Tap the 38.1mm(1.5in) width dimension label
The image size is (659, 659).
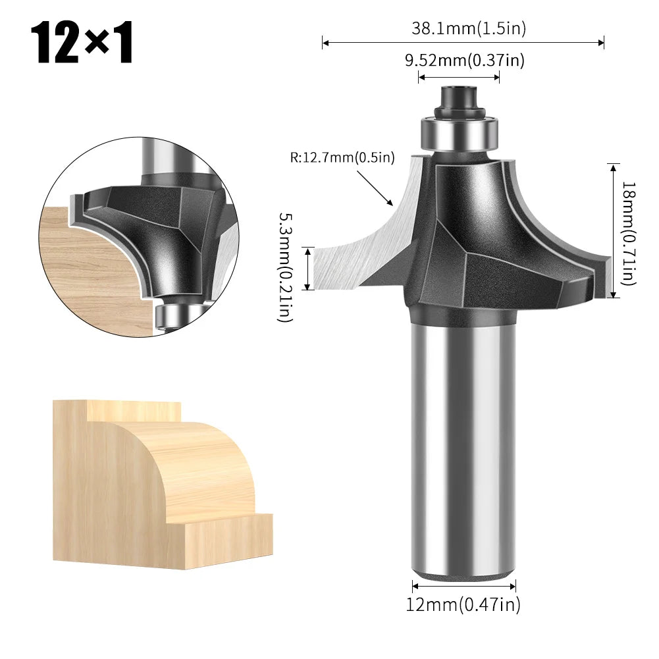click(x=468, y=28)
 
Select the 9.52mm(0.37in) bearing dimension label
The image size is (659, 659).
click(x=464, y=61)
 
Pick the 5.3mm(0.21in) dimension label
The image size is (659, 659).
click(x=285, y=267)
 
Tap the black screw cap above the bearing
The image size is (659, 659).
click(x=459, y=99)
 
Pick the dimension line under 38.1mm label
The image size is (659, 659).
click(x=463, y=43)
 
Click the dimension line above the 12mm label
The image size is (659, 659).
click(x=463, y=585)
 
